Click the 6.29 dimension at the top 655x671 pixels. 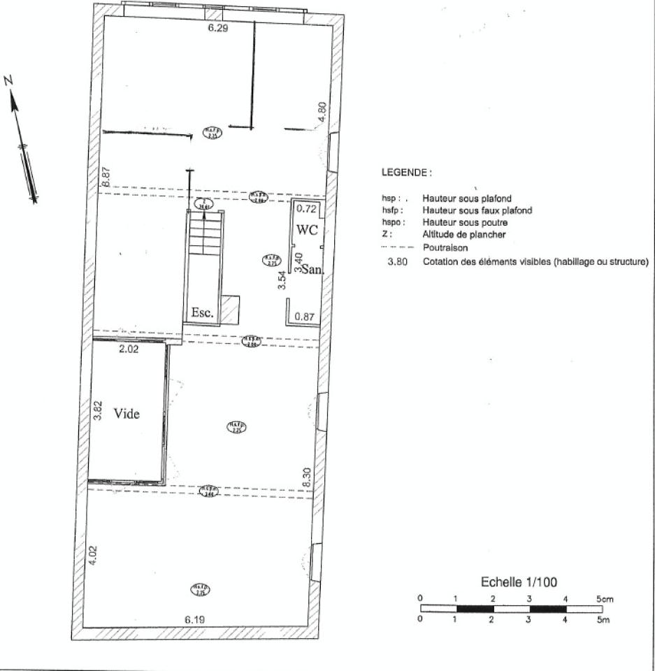[219, 29]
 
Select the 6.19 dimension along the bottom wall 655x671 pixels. [195, 619]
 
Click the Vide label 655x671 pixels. [127, 414]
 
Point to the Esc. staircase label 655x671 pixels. [202, 312]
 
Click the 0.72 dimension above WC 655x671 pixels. [307, 208]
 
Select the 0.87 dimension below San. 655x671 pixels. [304, 317]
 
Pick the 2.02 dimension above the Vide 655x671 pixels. [129, 349]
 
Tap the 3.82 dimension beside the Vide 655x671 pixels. [98, 410]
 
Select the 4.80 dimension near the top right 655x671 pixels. [322, 113]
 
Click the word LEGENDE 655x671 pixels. [406, 171]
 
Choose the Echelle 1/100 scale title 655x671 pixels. [519, 582]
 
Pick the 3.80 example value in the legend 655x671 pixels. [397, 262]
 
